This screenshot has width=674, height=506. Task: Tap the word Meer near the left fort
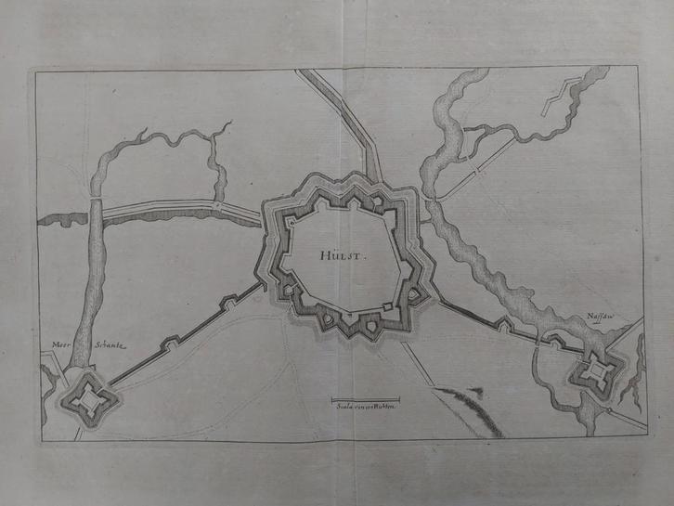pos(60,344)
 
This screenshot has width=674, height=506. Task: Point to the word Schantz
pos(108,344)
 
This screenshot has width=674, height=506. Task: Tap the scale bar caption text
pos(364,404)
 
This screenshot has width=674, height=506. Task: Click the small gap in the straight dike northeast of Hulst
pos(476,173)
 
